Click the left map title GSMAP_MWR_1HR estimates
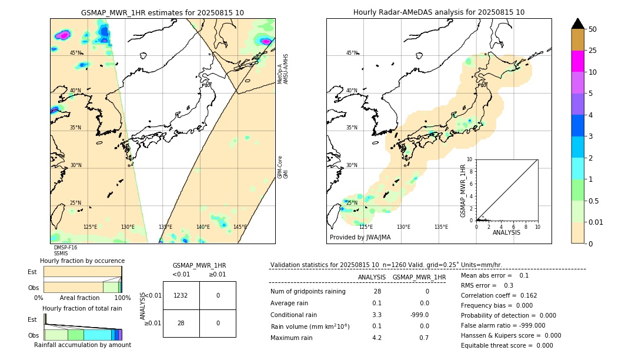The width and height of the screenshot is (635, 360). pyautogui.click(x=162, y=12)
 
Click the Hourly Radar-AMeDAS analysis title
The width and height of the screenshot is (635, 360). pyautogui.click(x=439, y=12)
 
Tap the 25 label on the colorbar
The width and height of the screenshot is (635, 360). pyautogui.click(x=593, y=51)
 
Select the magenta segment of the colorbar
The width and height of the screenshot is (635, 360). pyautogui.click(x=577, y=61)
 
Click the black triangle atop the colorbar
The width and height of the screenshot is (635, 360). pyautogui.click(x=577, y=24)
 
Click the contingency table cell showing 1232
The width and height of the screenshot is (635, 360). pyautogui.click(x=181, y=295)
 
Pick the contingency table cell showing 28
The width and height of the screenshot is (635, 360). pyautogui.click(x=181, y=323)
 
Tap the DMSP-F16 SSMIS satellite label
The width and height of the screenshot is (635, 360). pyautogui.click(x=65, y=251)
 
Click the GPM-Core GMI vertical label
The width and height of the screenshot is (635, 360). pyautogui.click(x=282, y=167)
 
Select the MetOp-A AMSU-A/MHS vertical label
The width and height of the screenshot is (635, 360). pyautogui.click(x=282, y=66)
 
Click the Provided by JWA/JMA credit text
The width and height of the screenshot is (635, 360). pyautogui.click(x=360, y=238)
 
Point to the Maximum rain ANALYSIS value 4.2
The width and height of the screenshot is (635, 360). pyautogui.click(x=376, y=338)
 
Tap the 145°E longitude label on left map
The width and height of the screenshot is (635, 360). pyautogui.click(x=239, y=227)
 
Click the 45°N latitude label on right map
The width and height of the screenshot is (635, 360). pyautogui.click(x=352, y=53)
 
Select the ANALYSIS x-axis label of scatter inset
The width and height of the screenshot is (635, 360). pyautogui.click(x=506, y=232)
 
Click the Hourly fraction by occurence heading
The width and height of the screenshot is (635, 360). pyautogui.click(x=82, y=261)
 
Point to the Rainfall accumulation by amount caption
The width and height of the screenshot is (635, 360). pyautogui.click(x=82, y=345)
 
